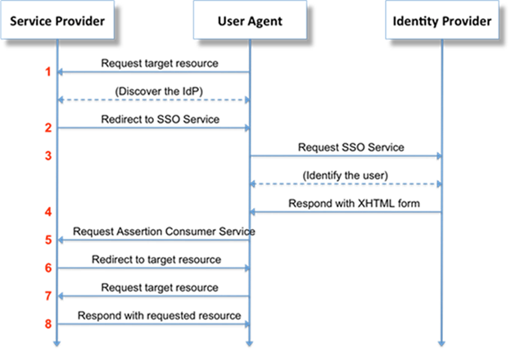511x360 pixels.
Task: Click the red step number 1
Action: click(48, 72)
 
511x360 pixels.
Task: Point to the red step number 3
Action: click(48, 155)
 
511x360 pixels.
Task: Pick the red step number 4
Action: click(48, 213)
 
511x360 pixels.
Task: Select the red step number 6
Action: click(48, 268)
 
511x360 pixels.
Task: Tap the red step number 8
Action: click(48, 324)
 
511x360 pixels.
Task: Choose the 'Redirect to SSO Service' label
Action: click(153, 119)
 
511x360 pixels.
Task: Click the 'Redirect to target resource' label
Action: click(153, 259)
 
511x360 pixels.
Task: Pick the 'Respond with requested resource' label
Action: click(153, 315)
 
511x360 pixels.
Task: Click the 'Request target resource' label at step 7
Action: click(153, 287)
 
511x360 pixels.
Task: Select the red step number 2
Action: click(48, 128)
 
